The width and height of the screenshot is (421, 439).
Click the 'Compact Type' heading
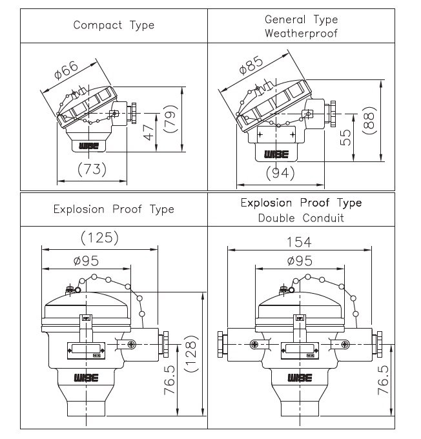[x=114, y=25]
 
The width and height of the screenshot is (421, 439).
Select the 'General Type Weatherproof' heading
[x=301, y=26]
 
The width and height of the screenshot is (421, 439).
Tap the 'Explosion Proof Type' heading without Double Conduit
[x=114, y=209]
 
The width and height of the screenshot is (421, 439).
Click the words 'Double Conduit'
[x=301, y=218]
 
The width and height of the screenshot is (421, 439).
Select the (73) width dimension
[x=92, y=169]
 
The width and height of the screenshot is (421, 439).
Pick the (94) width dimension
[x=280, y=172]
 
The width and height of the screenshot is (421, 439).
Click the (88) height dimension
[x=369, y=121]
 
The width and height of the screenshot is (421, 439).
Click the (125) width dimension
[x=100, y=238]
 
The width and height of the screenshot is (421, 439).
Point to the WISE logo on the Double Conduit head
[x=300, y=378]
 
